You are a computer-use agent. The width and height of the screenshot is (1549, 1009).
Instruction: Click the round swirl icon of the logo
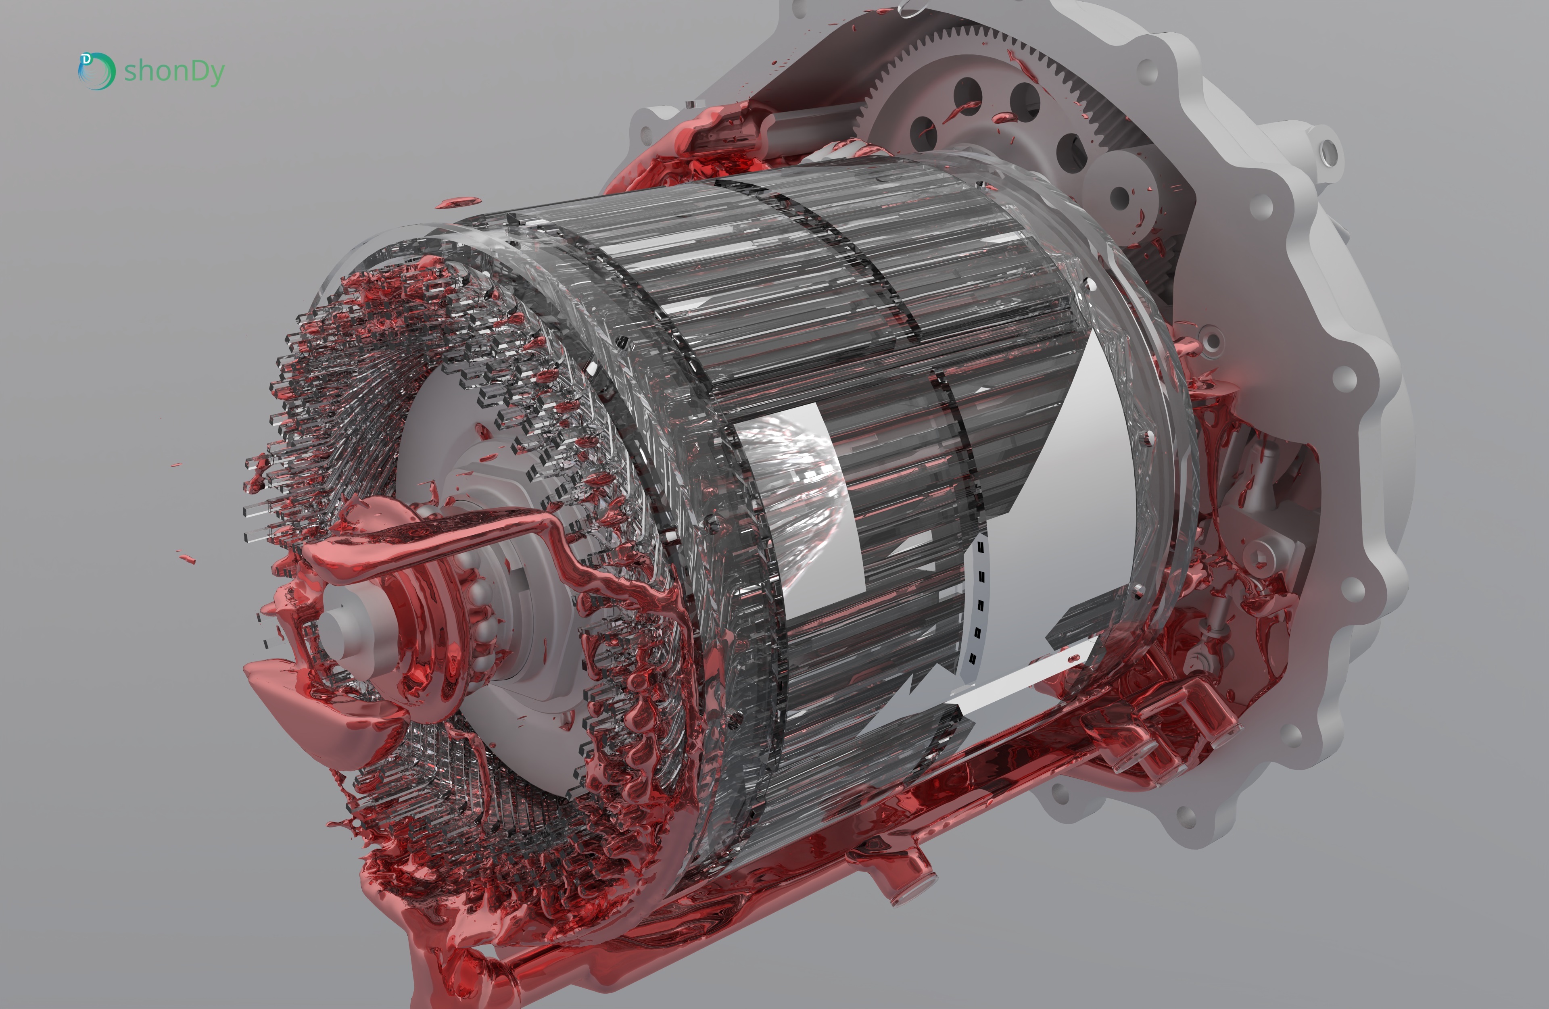click(96, 71)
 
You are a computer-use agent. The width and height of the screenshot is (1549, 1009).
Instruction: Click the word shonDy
click(174, 71)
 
